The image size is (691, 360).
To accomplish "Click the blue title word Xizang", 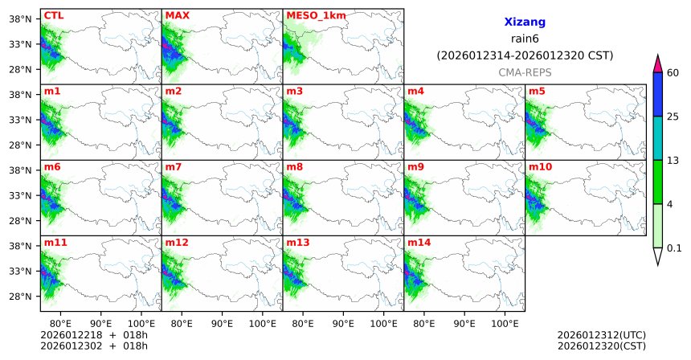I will point(525,23).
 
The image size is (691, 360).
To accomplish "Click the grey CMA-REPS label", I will point(525,72).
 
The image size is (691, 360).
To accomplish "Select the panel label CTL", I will point(54,15).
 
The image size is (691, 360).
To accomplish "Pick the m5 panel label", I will point(537,91).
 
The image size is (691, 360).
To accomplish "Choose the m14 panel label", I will point(418,242).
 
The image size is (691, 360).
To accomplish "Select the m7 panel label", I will point(174,166).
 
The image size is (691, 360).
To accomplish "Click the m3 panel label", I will point(295,91).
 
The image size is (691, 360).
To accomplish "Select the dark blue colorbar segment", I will point(657,95).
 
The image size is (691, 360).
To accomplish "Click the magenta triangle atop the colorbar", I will point(657,63).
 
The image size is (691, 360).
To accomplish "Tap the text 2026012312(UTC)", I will point(601,334).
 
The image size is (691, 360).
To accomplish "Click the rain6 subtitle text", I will point(525,39).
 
